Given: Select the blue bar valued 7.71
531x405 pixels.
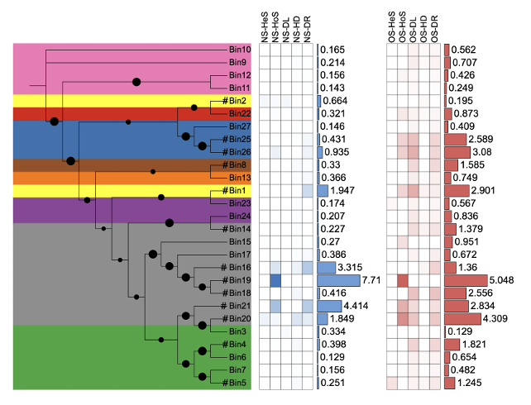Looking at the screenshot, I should pyautogui.click(x=338, y=281).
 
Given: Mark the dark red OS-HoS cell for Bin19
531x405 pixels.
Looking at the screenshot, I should pyautogui.click(x=403, y=281).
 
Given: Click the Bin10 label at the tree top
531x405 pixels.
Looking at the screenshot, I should pyautogui.click(x=240, y=50).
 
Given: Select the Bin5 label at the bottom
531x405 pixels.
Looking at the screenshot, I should pyautogui.click(x=238, y=382).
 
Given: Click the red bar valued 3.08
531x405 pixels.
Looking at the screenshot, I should pyautogui.click(x=457, y=152).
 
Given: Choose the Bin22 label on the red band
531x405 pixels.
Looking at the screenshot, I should pyautogui.click(x=240, y=113).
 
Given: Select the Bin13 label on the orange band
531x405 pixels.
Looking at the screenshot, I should pyautogui.click(x=240, y=178).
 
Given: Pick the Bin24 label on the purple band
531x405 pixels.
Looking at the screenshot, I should pyautogui.click(x=240, y=216).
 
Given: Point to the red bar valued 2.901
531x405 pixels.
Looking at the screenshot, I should pyautogui.click(x=457, y=191).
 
